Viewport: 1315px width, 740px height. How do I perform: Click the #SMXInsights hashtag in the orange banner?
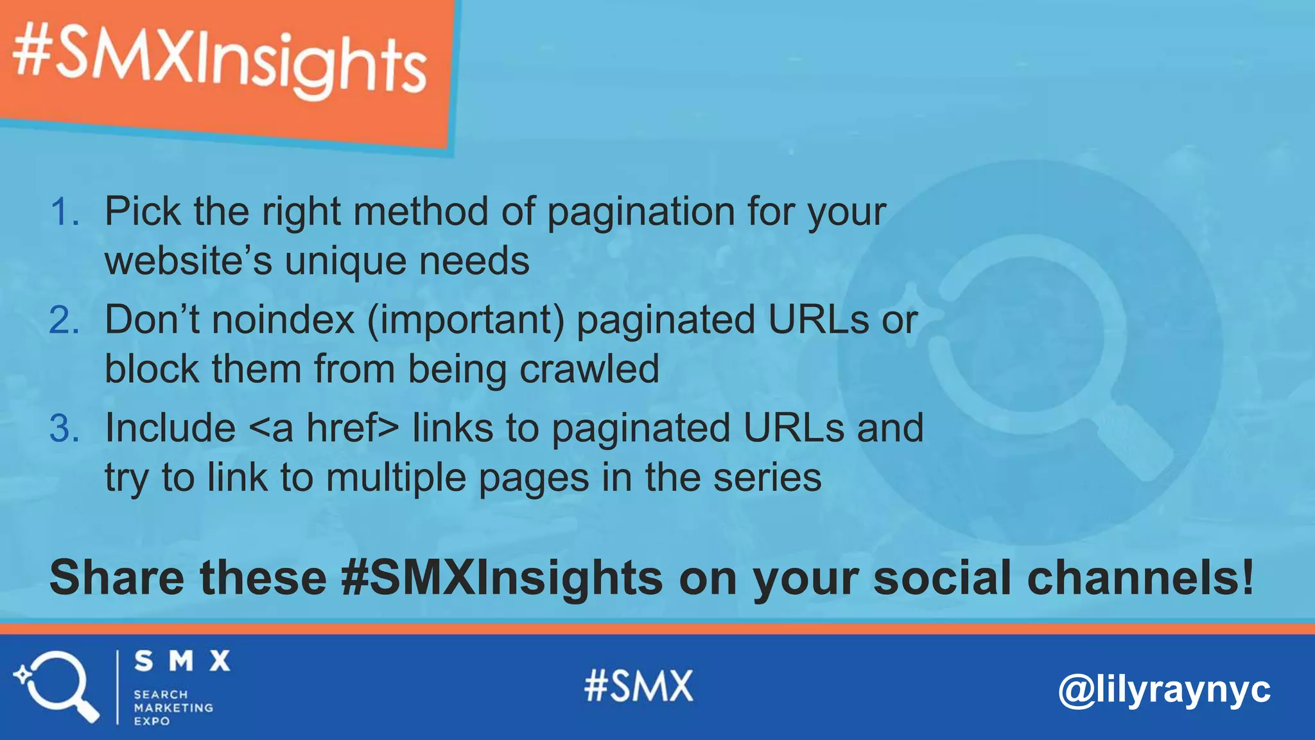click(220, 62)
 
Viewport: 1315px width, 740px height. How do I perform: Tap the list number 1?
click(64, 212)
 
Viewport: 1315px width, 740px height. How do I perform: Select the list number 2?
click(64, 320)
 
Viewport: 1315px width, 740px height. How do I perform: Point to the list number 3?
click(64, 428)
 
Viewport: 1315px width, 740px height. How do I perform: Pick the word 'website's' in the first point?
click(188, 261)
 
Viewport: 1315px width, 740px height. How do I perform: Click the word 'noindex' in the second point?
click(283, 320)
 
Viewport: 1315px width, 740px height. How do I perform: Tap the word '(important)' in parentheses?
click(466, 320)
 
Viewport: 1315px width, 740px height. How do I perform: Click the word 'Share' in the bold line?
click(117, 577)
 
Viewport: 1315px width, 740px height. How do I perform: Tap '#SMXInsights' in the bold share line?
click(501, 577)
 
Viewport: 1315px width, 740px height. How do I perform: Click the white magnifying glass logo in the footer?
click(57, 686)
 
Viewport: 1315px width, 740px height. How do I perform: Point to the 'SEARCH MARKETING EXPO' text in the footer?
click(173, 707)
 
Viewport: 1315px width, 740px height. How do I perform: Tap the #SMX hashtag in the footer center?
click(639, 686)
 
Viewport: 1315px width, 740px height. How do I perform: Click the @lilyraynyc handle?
click(1163, 690)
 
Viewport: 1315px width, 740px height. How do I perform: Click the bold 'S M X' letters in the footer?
click(182, 661)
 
